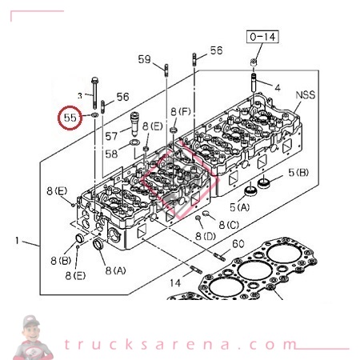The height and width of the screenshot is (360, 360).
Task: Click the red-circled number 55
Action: [70, 117]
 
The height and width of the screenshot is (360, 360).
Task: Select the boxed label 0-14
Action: [262, 37]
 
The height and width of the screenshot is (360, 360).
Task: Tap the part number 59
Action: [144, 59]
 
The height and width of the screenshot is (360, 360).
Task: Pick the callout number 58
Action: [114, 154]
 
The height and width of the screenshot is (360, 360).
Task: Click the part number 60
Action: [238, 244]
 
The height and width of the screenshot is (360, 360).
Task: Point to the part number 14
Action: [174, 282]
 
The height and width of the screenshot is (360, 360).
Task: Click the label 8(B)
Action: [61, 260]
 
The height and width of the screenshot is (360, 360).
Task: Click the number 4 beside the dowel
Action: [278, 86]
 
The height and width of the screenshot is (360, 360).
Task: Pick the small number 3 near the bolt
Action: [79, 94]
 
